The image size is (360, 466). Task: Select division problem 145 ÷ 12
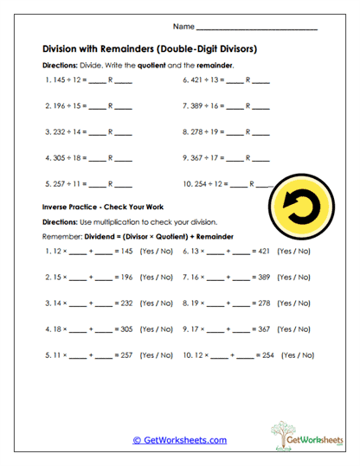(x=65, y=80)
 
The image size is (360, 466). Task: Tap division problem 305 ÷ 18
(x=65, y=158)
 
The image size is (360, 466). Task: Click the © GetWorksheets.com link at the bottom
(x=179, y=439)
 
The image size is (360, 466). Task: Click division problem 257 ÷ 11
(x=65, y=184)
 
